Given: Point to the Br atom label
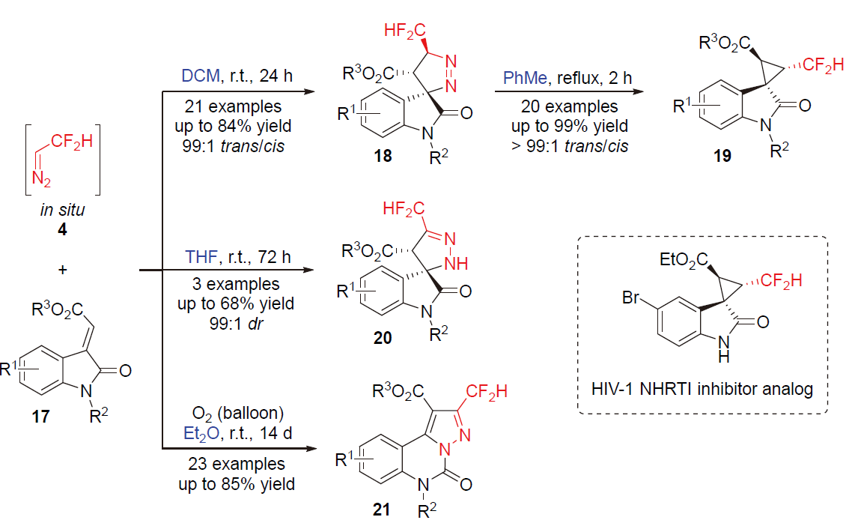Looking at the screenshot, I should (x=633, y=299).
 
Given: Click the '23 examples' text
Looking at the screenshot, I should (x=237, y=465).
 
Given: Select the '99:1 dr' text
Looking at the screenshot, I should (x=237, y=323).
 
